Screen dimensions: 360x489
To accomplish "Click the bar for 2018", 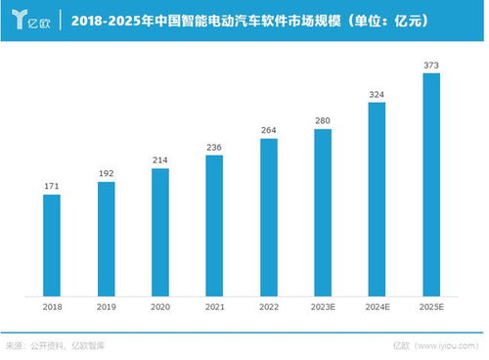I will point(52,245).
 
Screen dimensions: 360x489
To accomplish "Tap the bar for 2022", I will point(267,216).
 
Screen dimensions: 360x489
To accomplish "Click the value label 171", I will point(52,185).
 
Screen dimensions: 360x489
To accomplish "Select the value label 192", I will point(106,172).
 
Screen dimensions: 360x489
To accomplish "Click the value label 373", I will point(429,65).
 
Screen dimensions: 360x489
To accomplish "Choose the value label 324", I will point(376,94).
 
